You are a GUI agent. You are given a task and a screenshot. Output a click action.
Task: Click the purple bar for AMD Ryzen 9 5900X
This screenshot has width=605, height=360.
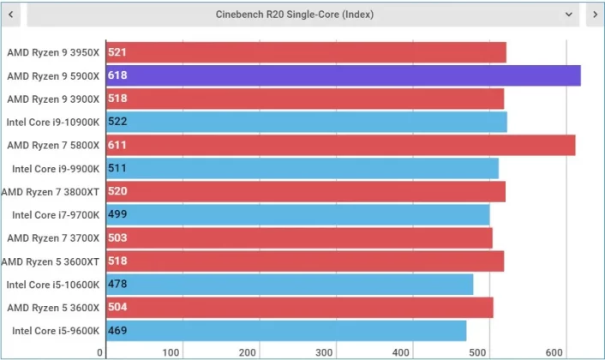pos(344,75)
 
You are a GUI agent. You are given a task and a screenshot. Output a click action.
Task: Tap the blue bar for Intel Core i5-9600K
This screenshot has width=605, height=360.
pos(286,331)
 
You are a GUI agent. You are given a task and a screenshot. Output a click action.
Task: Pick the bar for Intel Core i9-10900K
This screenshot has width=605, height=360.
pos(307,122)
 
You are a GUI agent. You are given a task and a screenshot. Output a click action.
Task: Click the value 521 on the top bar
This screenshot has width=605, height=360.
pos(117,52)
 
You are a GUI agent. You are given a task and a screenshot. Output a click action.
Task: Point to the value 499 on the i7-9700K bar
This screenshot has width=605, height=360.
pos(117,214)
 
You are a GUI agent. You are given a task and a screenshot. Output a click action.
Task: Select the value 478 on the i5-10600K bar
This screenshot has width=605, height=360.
pos(117,284)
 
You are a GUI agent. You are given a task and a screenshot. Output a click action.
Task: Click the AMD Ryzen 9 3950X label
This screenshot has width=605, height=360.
pos(53,52)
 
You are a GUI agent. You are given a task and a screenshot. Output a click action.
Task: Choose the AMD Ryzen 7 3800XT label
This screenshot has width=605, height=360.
pos(51,191)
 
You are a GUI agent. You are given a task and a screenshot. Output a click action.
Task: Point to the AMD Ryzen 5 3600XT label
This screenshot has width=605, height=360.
pos(51,261)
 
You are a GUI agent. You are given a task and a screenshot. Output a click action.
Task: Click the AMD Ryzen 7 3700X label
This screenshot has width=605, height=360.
pos(53,237)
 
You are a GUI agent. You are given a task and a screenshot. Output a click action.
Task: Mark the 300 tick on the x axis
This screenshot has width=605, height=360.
pos(324,352)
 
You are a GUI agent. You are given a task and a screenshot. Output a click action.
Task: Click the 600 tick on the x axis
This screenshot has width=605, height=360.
pos(554,352)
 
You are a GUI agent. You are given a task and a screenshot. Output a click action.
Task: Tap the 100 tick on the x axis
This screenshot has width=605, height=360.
pos(171,352)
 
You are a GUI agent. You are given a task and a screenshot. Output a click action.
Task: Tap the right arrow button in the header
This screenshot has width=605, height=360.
pos(595,15)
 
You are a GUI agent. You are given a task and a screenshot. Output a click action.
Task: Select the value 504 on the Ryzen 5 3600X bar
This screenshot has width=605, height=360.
pos(117,307)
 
